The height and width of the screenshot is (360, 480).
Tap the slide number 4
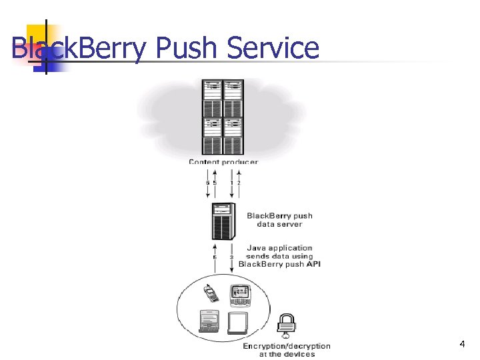(462, 344)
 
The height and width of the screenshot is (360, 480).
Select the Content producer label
(223, 162)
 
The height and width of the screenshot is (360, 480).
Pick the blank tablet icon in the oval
(238, 323)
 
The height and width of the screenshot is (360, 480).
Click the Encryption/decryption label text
(286, 346)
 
